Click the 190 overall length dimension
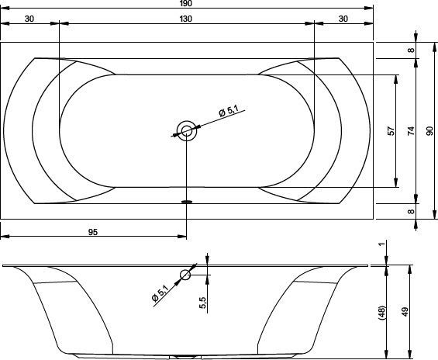click(186, 3)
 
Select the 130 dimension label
click(186, 19)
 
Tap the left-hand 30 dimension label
click(29, 19)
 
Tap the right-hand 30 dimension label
click(343, 19)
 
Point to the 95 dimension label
click(93, 232)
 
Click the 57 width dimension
click(391, 131)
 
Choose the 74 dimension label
click(411, 131)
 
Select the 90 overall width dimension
click(430, 131)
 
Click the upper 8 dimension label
click(411, 50)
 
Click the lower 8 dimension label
click(411, 212)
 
